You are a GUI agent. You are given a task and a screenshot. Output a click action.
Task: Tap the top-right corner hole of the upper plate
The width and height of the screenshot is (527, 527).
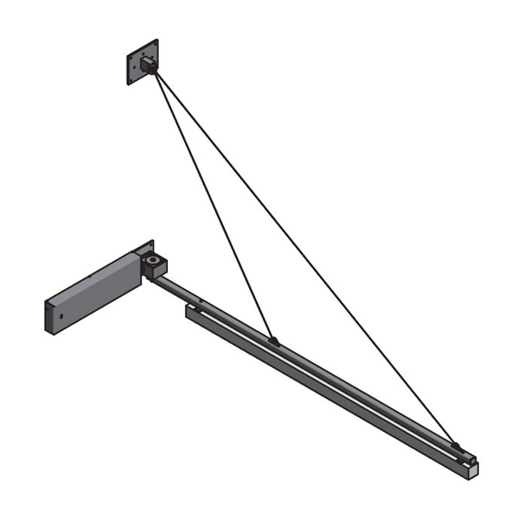click(x=155, y=44)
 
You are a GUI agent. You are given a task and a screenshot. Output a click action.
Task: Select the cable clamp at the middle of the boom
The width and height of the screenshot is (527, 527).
click(x=274, y=341)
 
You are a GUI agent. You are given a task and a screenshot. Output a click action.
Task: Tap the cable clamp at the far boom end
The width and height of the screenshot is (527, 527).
click(x=455, y=446)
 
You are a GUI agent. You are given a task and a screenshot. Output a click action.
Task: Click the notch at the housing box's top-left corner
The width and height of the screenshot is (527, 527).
click(x=47, y=301)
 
